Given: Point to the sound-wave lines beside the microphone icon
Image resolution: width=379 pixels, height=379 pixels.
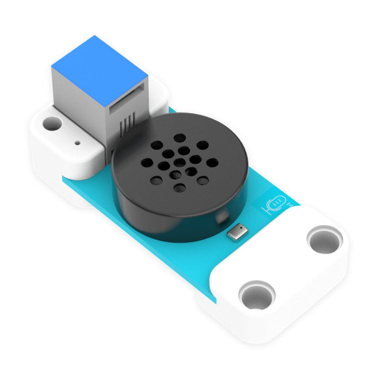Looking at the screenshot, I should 289,205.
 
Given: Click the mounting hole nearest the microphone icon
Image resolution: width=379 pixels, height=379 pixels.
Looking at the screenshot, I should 324,239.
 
